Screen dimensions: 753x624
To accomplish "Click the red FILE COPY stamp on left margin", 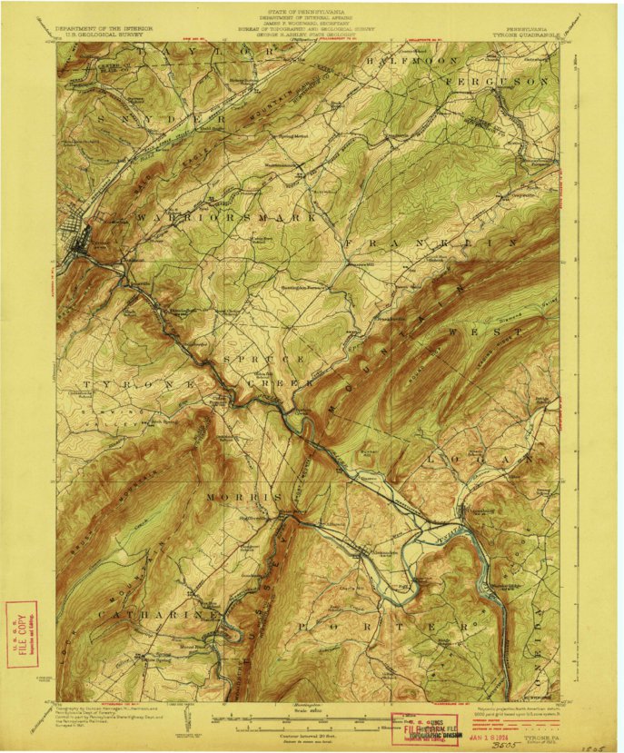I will (22, 634).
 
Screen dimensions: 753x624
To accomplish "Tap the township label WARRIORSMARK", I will (227, 218).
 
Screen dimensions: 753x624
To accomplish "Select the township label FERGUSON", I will (499, 81).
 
